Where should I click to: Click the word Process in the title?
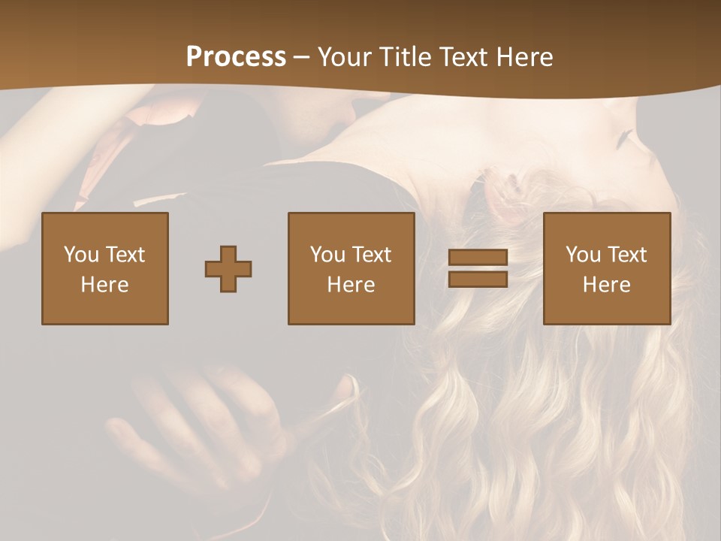click(236, 57)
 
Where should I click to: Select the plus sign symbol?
click(228, 269)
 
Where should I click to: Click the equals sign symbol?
click(478, 268)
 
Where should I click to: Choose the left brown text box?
click(105, 269)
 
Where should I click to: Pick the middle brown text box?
click(351, 269)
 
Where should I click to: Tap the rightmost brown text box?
click(606, 269)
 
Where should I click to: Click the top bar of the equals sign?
click(478, 258)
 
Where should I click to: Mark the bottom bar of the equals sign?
click(478, 279)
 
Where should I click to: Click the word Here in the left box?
click(104, 285)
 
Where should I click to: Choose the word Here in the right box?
click(606, 285)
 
